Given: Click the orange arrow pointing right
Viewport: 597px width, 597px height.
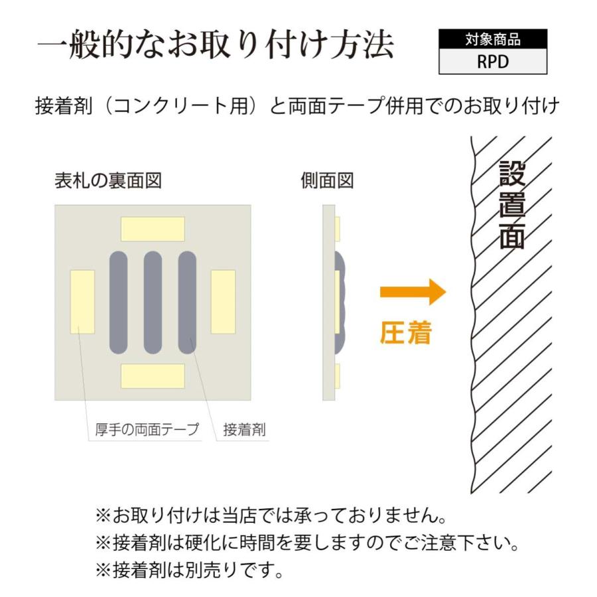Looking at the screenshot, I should pos(412,292).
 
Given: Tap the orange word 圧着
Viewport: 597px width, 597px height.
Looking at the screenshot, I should pos(406,334).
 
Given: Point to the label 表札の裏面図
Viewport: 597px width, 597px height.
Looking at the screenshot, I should pos(107,180).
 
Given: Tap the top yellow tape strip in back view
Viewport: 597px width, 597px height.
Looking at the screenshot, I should pos(153,229).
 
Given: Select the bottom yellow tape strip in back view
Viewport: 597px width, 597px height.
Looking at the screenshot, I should pos(153,375).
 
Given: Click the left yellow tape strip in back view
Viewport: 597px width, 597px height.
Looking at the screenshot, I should pos(82,302).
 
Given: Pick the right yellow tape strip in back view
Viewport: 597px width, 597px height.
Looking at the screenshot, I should pos(223,302).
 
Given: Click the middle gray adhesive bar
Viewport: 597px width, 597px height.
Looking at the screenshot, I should pos(153,302).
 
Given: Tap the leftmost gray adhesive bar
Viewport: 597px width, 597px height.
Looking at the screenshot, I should pos(118,302).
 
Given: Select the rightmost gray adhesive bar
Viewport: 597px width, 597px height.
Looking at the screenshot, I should pos(187,302).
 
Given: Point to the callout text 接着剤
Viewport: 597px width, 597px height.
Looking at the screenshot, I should pos(244,430).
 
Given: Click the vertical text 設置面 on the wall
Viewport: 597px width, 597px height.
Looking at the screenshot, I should pos(511,206).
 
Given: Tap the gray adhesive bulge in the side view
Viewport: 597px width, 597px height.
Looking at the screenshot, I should pos(341,302).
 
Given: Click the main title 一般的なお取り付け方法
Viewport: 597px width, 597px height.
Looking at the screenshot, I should pos(216,46).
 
